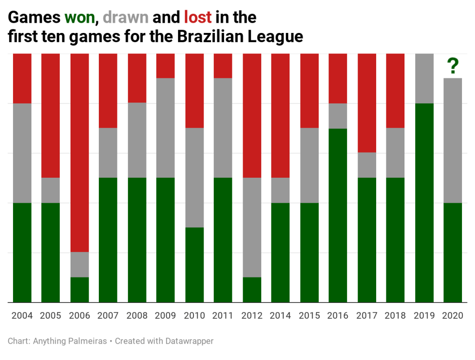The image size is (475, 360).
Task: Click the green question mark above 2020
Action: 453,66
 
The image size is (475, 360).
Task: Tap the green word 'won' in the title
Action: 79,18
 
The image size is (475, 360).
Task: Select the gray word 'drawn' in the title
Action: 126,18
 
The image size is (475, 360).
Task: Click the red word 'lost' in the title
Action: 198,18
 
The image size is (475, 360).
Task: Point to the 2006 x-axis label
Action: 79,316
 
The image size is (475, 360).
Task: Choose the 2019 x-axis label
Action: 424,316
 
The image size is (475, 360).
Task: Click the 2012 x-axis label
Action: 251,316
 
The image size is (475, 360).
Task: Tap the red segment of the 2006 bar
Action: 79,153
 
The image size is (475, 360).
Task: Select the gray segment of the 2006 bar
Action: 79,264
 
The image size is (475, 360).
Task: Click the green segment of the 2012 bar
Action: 251,290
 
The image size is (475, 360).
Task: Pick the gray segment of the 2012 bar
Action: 251,227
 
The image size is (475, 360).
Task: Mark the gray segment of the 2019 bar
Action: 424,78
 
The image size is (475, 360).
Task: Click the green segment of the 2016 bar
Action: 338,215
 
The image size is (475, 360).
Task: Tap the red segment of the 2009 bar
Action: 166,66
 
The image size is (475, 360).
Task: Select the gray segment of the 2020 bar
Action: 453,141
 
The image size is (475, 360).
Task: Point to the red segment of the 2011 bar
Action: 223,66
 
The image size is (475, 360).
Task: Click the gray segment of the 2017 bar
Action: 366,165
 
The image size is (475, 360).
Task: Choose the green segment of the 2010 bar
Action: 194,265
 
